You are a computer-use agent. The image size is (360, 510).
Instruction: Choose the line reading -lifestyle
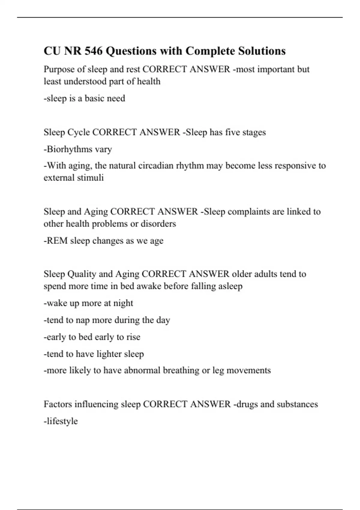coord(61,421)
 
